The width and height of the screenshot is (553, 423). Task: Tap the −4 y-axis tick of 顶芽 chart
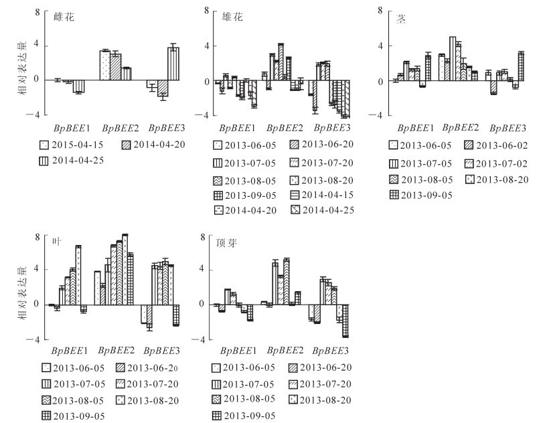(203, 339)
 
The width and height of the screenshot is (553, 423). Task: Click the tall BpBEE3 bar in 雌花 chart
(173, 64)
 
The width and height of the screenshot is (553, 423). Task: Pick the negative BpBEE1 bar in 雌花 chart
(79, 86)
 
